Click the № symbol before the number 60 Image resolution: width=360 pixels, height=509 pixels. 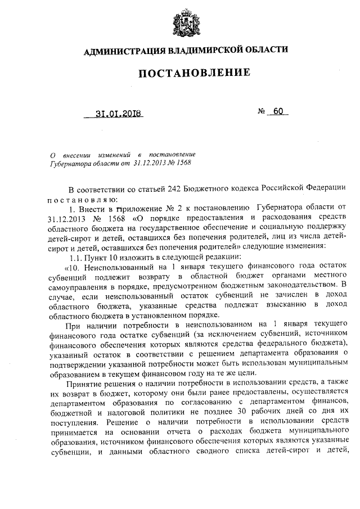(261, 111)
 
